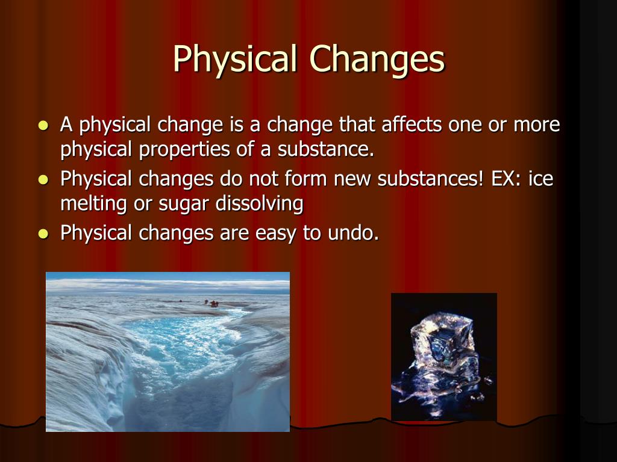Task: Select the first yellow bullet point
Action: point(43,126)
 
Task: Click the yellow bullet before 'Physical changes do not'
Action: point(43,180)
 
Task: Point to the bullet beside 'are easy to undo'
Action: point(43,234)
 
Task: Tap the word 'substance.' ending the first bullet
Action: point(326,150)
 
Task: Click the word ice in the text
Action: point(540,179)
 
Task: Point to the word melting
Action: point(93,204)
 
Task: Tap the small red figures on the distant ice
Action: point(212,303)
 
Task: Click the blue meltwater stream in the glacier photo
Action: point(181,343)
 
